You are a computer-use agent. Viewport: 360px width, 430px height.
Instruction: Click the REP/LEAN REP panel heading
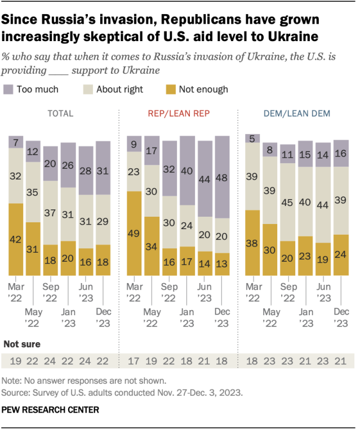tap(179, 114)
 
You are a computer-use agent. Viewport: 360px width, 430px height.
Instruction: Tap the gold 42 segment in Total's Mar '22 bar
tap(16, 239)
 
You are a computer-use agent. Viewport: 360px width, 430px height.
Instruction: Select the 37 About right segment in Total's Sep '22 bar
tap(50, 213)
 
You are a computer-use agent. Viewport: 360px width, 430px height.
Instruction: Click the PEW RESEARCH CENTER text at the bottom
tap(51, 410)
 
